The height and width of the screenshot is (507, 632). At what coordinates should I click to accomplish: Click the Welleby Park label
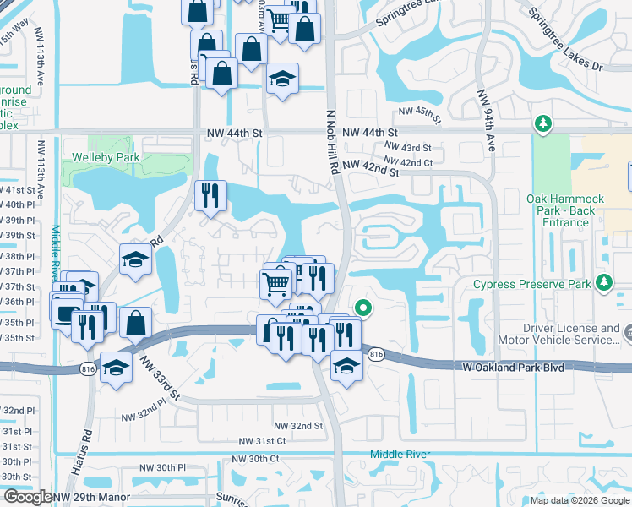point(103,157)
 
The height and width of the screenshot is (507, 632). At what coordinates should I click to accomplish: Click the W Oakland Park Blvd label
point(513,368)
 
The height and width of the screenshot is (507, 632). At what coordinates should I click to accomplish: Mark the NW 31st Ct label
point(263,441)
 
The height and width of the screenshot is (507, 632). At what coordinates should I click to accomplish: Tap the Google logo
point(28,498)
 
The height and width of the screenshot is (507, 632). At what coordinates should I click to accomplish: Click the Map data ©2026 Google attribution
point(580,500)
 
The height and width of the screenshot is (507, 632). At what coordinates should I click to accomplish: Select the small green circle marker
point(363,308)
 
